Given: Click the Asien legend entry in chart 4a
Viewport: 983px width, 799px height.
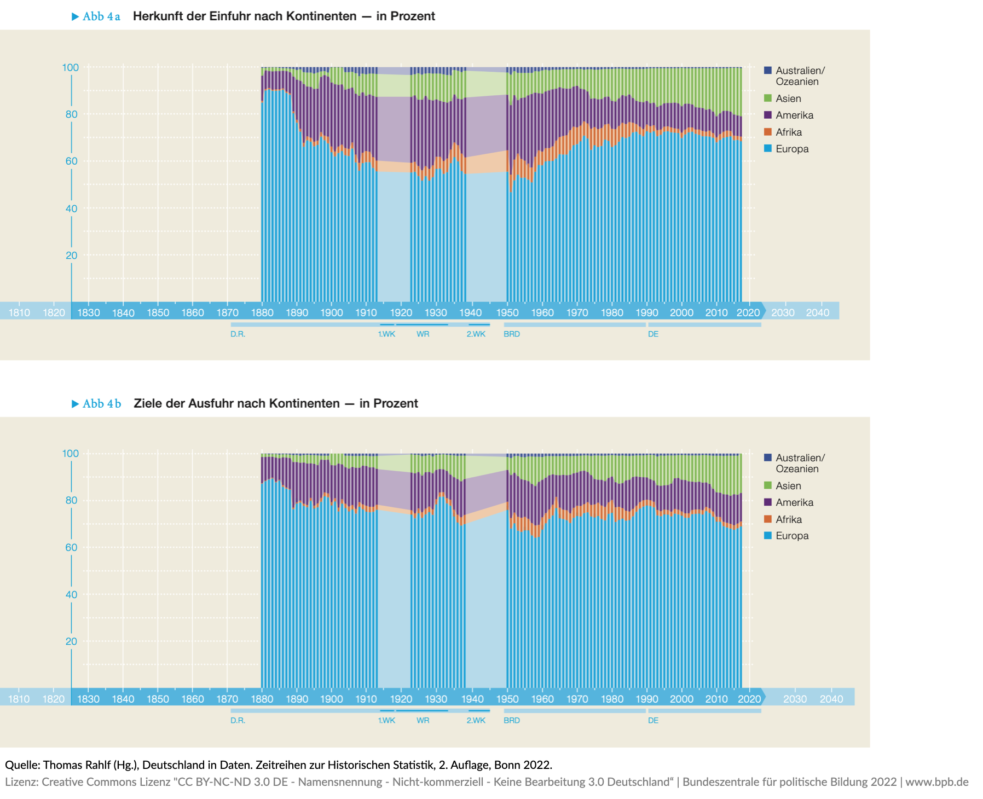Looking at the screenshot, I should point(788,99).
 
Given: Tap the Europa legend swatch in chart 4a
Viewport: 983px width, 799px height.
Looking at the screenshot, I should point(768,149).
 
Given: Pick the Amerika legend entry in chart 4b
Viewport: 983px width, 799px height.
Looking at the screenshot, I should point(794,502).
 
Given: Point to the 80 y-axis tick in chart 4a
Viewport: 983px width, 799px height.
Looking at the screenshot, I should point(71,114).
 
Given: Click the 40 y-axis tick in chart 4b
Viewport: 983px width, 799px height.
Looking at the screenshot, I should point(71,594).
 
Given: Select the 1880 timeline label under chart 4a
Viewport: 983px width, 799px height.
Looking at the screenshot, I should point(262,312).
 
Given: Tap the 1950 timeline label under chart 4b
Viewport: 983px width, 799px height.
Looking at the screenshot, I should point(507,699).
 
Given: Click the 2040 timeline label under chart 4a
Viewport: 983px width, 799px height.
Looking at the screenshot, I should point(817,312).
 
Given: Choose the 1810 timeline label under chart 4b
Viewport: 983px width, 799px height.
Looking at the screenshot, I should point(19,699).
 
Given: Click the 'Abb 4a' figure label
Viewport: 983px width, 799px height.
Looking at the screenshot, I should point(101,16).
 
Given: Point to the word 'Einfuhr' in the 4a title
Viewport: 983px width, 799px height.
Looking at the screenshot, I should point(232,16).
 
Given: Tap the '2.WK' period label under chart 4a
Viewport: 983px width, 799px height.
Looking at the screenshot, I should point(476,334).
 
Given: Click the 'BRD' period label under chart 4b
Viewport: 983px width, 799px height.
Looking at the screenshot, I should point(512,720).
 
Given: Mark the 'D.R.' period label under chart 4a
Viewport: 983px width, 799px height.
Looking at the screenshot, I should point(238,334).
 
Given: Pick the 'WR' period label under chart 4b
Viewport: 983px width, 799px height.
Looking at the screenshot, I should point(423,720).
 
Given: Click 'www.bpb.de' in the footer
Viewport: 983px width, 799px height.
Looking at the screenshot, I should point(936,782).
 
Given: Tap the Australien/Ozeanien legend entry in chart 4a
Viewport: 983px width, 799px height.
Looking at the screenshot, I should point(800,76).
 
